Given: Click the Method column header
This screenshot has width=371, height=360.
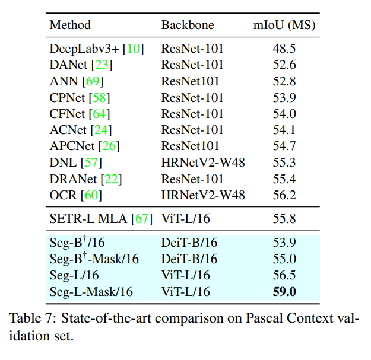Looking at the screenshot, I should click(x=70, y=26).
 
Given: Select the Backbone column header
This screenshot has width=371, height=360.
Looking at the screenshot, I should click(x=188, y=26).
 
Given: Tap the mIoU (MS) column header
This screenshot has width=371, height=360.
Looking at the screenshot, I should click(x=284, y=26).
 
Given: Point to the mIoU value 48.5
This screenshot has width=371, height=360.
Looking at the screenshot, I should click(x=284, y=49).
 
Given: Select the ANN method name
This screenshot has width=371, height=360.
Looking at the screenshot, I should click(x=64, y=81).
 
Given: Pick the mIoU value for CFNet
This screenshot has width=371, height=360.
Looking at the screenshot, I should click(x=284, y=113).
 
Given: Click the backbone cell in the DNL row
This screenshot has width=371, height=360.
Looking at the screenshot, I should click(x=203, y=162).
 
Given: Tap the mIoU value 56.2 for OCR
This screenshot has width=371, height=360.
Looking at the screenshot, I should click(x=284, y=195).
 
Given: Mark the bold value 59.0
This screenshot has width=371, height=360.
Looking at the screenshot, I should click(x=284, y=291).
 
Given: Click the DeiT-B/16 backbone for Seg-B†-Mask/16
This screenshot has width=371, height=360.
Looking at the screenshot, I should click(x=189, y=259).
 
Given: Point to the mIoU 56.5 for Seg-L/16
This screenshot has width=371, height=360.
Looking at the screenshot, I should click(x=284, y=275).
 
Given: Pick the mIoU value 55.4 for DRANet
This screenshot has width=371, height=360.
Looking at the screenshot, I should click(x=284, y=179).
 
